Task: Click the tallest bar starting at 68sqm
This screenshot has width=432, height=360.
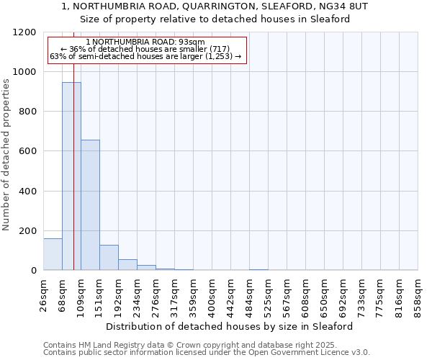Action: tap(71, 176)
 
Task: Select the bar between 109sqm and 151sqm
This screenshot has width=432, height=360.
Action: tap(90, 205)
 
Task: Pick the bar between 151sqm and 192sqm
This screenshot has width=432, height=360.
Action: tap(109, 258)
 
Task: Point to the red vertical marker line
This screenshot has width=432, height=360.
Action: tap(73, 180)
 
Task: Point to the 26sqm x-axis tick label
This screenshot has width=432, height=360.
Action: tap(43, 294)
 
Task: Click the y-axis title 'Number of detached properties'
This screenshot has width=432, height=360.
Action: tap(6, 155)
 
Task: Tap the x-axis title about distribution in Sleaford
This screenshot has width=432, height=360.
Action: tap(234, 326)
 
